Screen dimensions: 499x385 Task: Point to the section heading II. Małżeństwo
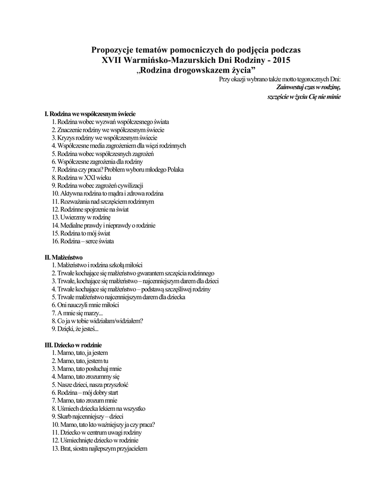pos(64,257)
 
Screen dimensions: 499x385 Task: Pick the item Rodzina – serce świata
pos(83,241)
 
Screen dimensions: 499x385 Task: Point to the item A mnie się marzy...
pos(77,312)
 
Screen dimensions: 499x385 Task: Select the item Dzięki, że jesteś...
pos(75,328)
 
